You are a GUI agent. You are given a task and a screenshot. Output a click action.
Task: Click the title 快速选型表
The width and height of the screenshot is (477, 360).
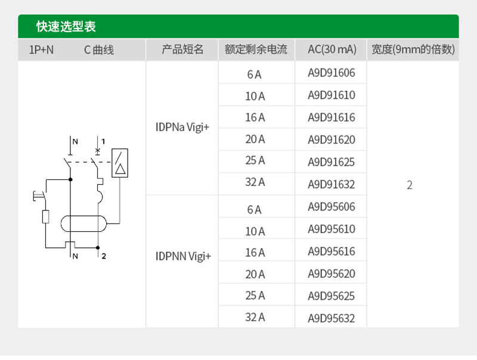pos(66,26)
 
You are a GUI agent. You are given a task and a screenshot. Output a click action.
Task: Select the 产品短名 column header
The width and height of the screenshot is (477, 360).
pos(182,49)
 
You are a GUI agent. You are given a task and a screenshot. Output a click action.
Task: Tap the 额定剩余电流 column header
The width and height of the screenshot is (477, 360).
pos(256,49)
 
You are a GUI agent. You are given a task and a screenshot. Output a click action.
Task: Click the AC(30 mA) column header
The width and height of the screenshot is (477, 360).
pos(332,49)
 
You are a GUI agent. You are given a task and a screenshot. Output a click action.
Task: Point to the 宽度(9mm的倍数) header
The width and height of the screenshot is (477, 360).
pos(413,49)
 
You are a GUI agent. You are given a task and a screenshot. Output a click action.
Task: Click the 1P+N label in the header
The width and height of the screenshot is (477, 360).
pos(41,49)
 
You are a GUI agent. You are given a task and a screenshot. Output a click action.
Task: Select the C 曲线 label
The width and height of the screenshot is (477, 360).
pos(99,50)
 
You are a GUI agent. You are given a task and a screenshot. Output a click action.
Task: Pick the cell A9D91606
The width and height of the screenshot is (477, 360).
pos(332,73)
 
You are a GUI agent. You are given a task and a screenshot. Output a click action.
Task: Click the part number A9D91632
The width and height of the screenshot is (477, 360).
pos(332,184)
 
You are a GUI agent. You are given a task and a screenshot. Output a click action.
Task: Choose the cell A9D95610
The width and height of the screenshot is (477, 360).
pos(332,229)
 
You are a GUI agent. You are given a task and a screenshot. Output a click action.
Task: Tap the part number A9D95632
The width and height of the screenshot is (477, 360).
pos(332,318)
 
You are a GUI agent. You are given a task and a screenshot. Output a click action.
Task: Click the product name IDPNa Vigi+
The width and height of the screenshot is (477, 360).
pos(182,127)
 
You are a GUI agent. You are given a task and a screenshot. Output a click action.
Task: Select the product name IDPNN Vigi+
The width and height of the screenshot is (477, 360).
pos(183,256)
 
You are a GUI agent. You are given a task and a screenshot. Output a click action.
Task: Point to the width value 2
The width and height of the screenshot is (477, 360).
pos(410,185)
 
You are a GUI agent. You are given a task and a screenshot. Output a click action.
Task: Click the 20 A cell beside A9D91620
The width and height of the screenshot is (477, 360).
pos(255,139)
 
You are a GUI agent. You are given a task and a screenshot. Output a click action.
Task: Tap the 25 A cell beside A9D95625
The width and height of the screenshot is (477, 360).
pos(255,296)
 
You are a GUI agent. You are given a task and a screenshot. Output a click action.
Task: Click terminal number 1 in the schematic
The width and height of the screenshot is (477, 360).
pos(103,141)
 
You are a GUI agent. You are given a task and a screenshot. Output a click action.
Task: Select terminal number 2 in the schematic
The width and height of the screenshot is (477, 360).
pos(104,256)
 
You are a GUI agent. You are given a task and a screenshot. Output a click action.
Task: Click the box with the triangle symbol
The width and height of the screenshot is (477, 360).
pos(120,163)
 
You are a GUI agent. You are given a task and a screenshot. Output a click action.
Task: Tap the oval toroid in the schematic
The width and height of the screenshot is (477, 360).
pos(83,224)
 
